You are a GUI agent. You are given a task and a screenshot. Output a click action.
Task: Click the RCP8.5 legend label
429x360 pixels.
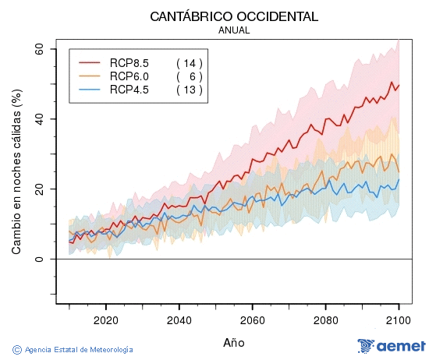click(129, 62)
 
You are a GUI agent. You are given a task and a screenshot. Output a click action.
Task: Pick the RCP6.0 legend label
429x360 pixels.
click(129, 76)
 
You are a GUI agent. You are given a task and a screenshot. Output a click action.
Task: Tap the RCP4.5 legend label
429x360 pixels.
click(129, 90)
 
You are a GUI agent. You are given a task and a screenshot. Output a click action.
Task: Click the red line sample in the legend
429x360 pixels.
click(90, 62)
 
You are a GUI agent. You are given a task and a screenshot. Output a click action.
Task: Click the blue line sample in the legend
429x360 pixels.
click(90, 90)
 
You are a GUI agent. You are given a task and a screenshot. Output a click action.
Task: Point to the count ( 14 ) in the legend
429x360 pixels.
click(190, 62)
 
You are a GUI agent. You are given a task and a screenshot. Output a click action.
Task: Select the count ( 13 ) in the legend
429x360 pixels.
click(190, 90)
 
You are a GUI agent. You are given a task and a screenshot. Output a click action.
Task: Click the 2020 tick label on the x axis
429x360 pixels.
click(105, 319)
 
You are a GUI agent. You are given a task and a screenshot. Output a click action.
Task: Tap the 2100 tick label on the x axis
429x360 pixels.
click(398, 319)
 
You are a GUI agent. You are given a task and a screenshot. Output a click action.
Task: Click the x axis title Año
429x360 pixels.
click(233, 342)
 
